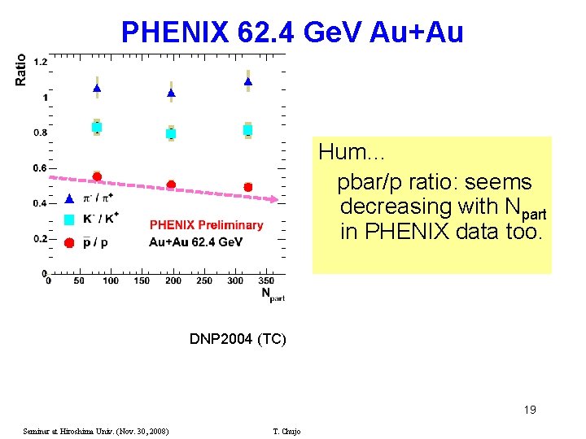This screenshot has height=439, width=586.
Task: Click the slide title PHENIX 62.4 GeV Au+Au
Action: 292,32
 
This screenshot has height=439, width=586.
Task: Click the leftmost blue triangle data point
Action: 97,88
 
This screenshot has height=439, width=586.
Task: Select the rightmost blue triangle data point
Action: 248,81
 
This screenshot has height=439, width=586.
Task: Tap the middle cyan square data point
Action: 171,133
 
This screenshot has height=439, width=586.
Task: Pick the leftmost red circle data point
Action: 97,176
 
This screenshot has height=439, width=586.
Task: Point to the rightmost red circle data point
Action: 248,187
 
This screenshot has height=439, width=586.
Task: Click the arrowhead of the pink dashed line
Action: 275,199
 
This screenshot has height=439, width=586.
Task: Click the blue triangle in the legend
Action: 69,198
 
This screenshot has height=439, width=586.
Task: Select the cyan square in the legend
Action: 69,219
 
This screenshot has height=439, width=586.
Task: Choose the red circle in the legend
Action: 69,241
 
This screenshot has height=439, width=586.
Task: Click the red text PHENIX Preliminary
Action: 207,225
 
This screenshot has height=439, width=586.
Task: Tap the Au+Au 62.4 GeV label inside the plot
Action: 195,242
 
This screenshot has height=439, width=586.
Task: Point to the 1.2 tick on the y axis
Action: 40,63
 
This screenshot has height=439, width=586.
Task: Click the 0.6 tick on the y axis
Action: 40,168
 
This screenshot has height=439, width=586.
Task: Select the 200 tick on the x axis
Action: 173,281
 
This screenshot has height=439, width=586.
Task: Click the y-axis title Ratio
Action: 21,69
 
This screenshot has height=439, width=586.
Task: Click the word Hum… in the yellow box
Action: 351,152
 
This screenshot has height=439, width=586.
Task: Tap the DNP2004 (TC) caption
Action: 238,338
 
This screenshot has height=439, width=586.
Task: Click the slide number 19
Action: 529,410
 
